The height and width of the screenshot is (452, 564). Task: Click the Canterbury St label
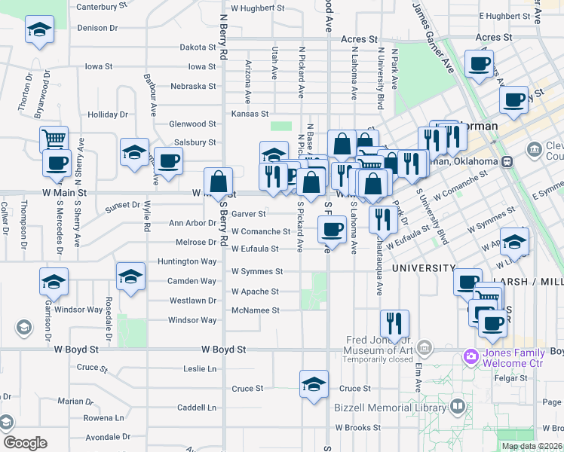(102, 7)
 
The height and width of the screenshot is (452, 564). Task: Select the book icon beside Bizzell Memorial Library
(457, 408)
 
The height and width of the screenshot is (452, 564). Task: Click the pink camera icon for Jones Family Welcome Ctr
(471, 356)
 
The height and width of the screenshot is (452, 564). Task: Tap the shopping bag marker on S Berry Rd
(218, 181)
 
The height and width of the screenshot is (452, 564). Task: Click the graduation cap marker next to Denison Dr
(39, 31)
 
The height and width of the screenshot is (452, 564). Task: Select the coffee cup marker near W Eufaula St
(331, 228)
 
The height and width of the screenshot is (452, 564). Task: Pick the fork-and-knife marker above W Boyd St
(394, 323)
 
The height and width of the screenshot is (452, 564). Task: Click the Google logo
(25, 443)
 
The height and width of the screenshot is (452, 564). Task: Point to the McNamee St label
(255, 310)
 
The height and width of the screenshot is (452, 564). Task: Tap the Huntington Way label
(187, 261)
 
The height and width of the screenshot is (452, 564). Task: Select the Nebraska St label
(193, 86)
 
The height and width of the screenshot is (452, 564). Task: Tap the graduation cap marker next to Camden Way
(130, 276)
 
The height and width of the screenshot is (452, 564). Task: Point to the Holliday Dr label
(108, 115)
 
